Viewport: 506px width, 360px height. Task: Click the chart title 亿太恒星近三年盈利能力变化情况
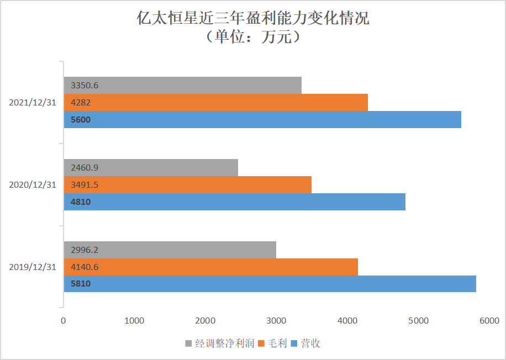click(252, 19)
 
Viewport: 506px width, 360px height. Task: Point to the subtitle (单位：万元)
click(252, 37)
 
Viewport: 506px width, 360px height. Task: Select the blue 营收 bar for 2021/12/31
click(262, 120)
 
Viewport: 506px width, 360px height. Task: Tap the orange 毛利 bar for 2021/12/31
click(215, 103)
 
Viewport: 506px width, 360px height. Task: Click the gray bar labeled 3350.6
click(183, 86)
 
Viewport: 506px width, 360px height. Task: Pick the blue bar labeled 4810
click(235, 202)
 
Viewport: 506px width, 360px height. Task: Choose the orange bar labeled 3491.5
click(188, 184)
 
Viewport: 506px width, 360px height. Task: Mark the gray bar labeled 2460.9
click(151, 167)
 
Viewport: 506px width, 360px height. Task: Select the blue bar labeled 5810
click(270, 284)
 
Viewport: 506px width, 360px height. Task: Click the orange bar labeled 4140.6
click(210, 267)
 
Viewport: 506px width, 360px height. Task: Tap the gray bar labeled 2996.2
click(170, 250)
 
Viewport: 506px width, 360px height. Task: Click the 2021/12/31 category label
click(33, 103)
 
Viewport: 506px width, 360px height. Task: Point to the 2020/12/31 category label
click(33, 185)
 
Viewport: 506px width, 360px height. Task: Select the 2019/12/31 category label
click(33, 267)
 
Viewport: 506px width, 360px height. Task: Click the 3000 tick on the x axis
click(276, 320)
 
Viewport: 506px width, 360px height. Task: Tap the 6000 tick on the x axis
click(489, 320)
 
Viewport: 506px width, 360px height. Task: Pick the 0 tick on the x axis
click(64, 320)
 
